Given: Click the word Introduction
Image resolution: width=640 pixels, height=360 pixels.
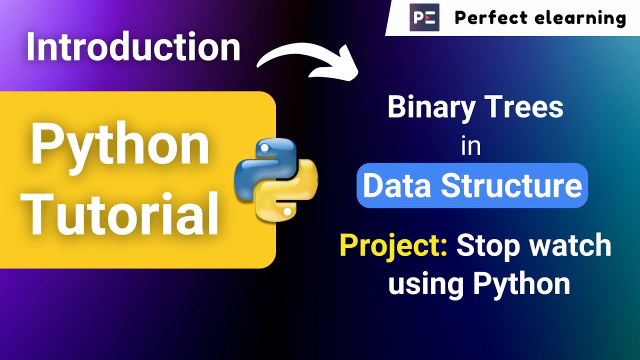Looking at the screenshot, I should click(133, 47).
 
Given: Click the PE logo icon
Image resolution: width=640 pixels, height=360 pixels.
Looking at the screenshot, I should click(424, 18).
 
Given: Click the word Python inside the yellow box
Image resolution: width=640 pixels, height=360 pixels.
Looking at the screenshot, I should click(120, 145).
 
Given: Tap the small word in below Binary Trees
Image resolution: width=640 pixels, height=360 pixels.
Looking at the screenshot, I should click(470, 146).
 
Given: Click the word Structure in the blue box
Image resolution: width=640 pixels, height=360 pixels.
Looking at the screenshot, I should click(511, 185).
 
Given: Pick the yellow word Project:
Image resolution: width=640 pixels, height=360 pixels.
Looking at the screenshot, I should click(393, 246).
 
